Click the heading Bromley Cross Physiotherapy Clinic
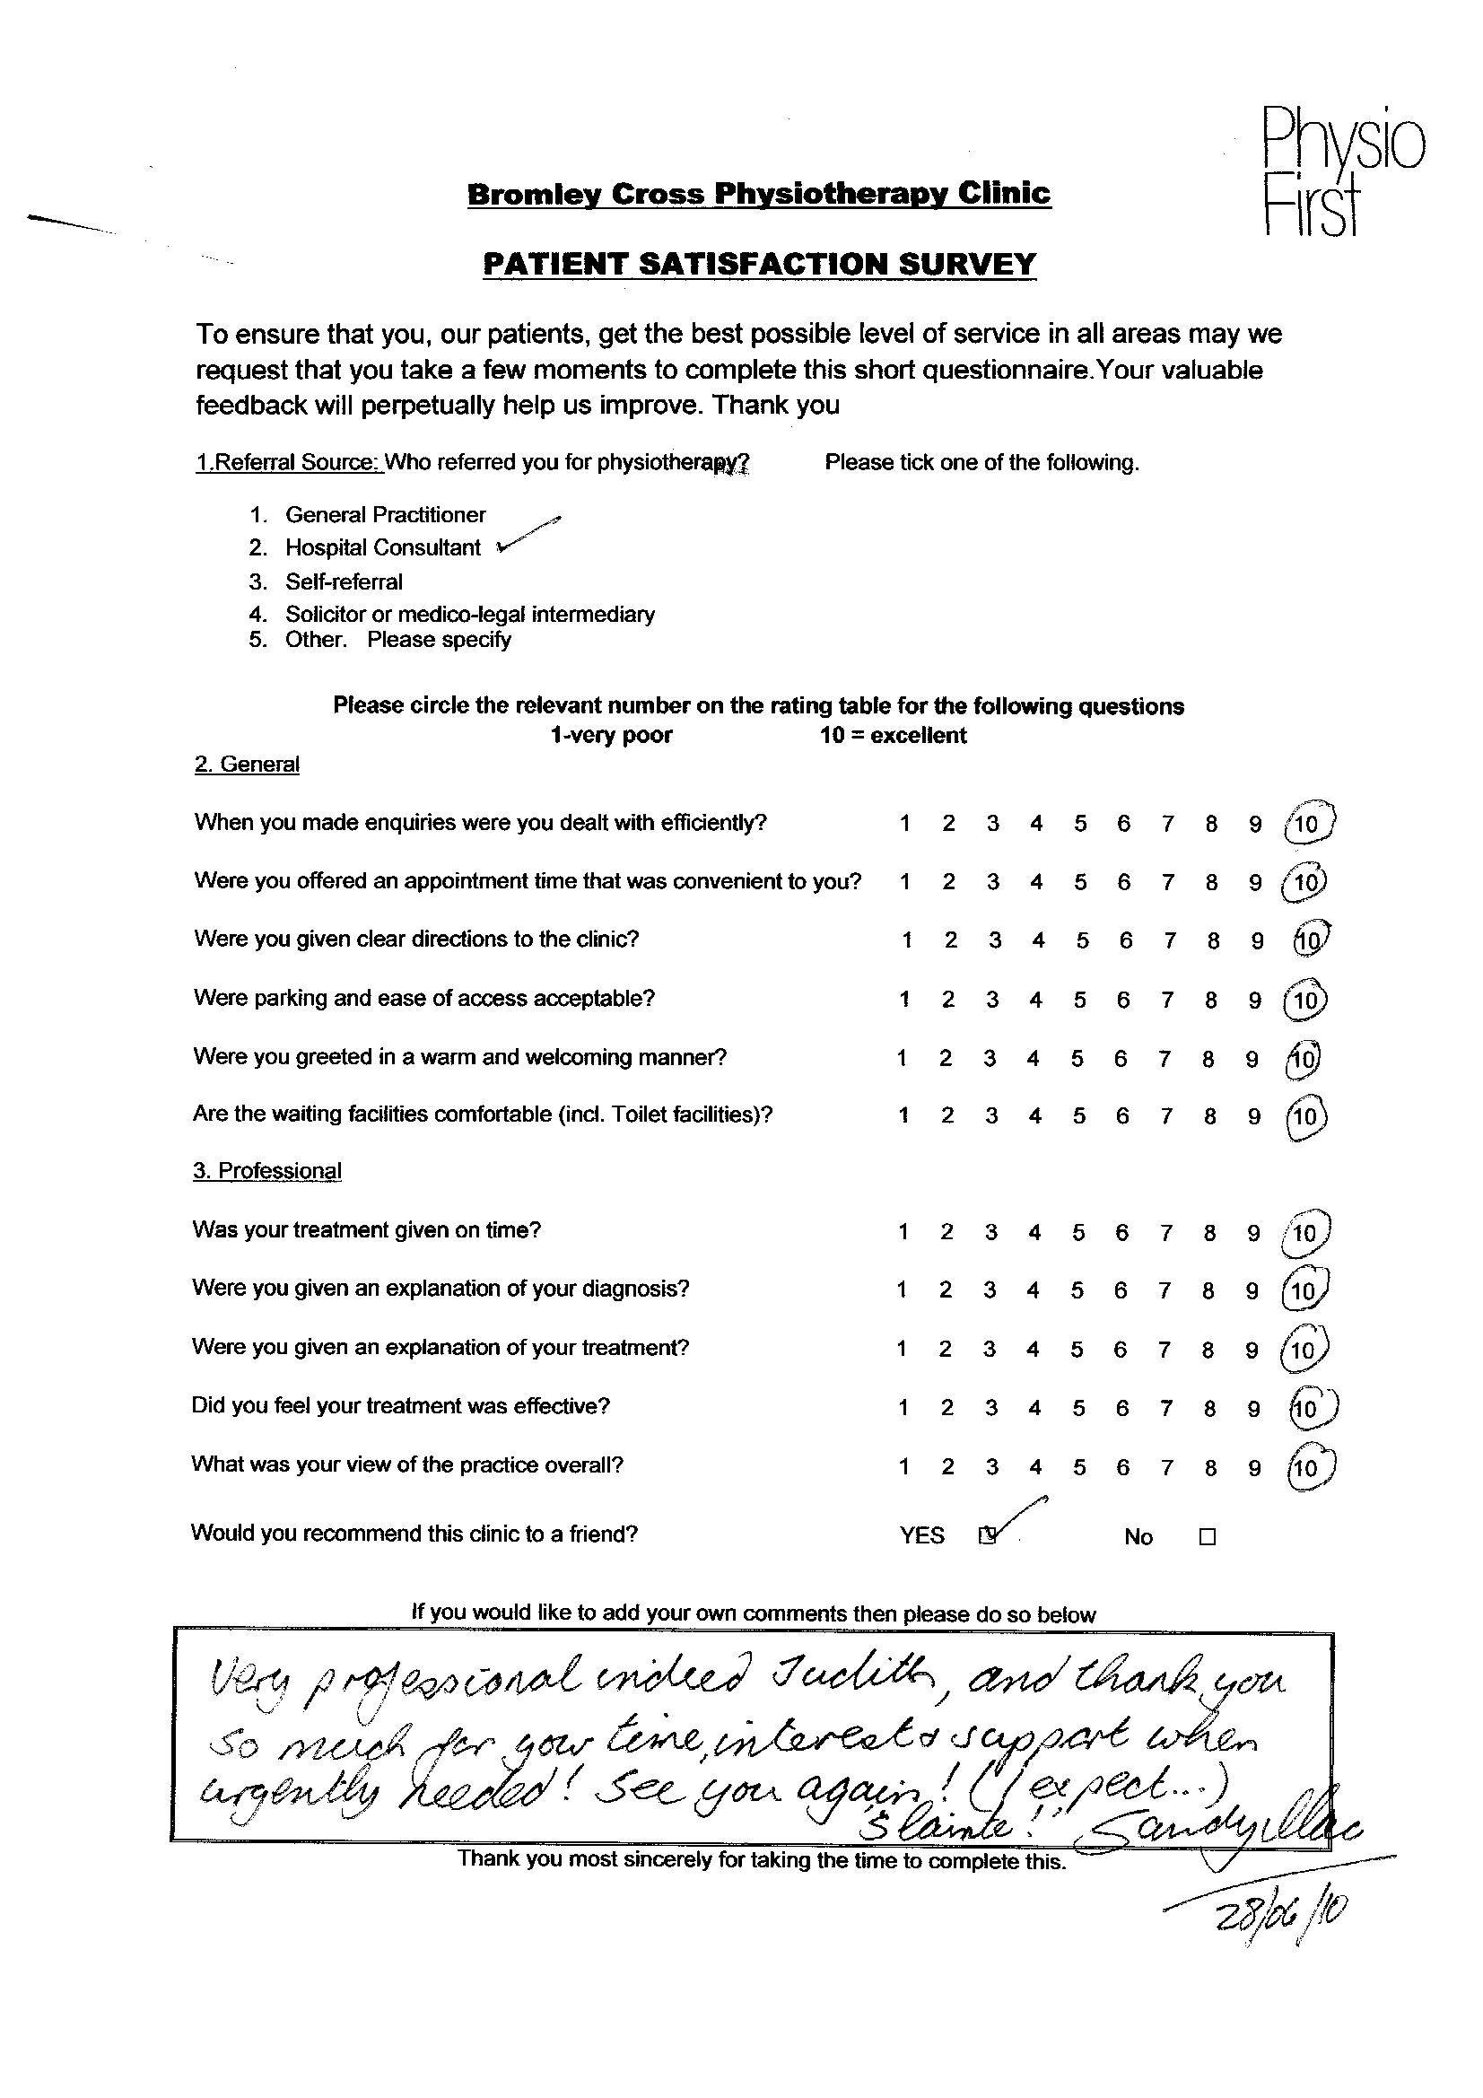(758, 195)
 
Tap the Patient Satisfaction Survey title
(758, 264)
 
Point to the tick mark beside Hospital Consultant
(528, 536)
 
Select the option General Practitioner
(385, 514)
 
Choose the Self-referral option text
(344, 581)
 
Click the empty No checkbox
(1207, 1537)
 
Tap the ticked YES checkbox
(987, 1536)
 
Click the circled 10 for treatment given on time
(1304, 1234)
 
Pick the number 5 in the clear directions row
(1083, 940)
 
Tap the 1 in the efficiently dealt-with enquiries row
(904, 824)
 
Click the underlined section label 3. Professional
(266, 1171)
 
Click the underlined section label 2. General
(247, 764)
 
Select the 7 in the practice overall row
(1167, 1467)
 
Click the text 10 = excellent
(893, 736)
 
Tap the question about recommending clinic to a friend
(414, 1534)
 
